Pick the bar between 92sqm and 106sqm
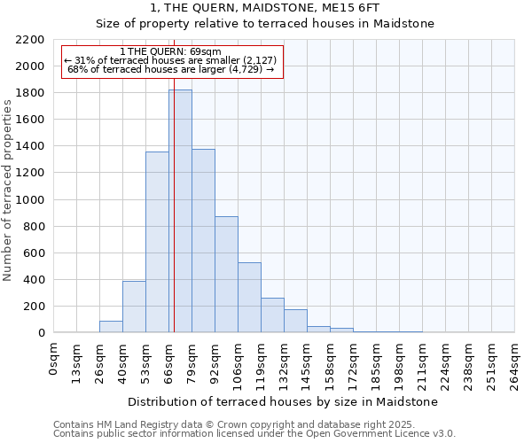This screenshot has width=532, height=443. pos(226,275)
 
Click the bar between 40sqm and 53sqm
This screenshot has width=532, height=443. pos(134,307)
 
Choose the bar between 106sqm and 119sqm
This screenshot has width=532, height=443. pos(249,298)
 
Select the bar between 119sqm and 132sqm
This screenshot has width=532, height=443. pos(272,315)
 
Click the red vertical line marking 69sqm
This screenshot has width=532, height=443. pos(174,221)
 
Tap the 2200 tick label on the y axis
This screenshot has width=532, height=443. pos(29,40)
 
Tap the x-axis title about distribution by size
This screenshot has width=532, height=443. pos(284,402)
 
